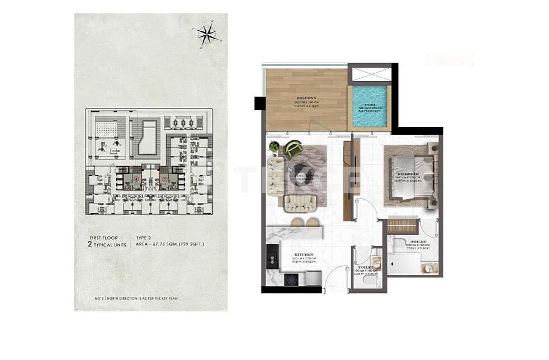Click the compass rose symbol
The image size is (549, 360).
(x=207, y=35)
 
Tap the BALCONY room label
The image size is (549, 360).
(x=306, y=98)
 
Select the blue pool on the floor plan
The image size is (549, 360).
(x=370, y=106)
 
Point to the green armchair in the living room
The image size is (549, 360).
(x=294, y=149)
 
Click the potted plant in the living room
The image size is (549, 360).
(x=274, y=147)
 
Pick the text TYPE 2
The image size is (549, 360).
(x=144, y=237)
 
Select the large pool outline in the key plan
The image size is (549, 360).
(x=148, y=138)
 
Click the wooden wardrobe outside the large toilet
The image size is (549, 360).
(x=402, y=226)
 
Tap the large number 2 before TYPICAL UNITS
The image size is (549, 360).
(x=89, y=244)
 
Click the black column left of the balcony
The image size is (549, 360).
(x=259, y=103)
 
